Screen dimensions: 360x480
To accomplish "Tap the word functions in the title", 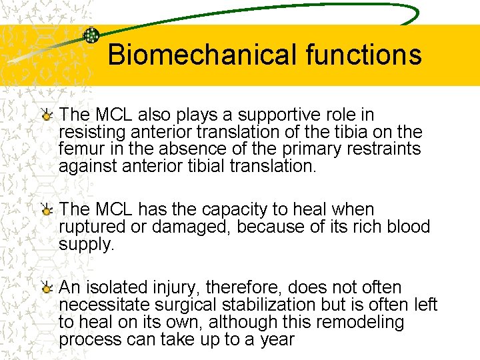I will pyautogui.click(x=363, y=55).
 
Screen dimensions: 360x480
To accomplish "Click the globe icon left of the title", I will pyautogui.click(x=91, y=36).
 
